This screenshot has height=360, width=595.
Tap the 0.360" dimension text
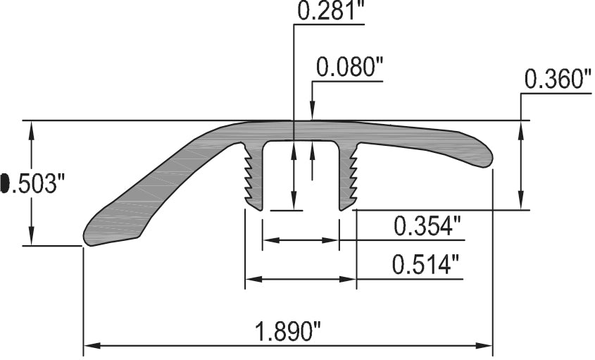pyautogui.click(x=557, y=80)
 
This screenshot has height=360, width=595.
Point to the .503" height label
pyautogui.click(x=37, y=184)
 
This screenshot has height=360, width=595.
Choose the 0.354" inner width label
pyautogui.click(x=427, y=226)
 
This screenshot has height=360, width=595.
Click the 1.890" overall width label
pyautogui.click(x=287, y=331)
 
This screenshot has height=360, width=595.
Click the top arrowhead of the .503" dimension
pyautogui.click(x=31, y=127)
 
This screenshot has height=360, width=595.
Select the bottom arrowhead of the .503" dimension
pyautogui.click(x=31, y=240)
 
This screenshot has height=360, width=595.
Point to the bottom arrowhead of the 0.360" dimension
pyautogui.click(x=520, y=203)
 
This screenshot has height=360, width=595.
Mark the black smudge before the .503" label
pyautogui.click(x=4, y=185)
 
